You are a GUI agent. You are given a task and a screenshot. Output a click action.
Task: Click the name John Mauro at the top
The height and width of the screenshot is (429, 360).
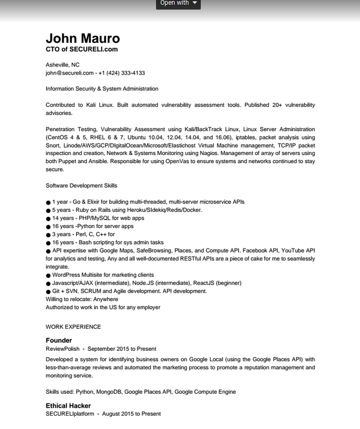pyautogui.click(x=83, y=38)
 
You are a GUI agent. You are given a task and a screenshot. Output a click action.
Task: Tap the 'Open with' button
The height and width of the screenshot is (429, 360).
pyautogui.click(x=178, y=3)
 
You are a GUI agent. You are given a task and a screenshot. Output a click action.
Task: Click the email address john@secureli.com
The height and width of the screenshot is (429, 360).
pyautogui.click(x=70, y=73)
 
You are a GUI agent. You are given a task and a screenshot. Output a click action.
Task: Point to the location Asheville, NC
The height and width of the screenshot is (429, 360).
pyautogui.click(x=62, y=65)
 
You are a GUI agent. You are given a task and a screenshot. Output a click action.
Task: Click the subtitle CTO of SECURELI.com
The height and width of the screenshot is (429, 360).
pyautogui.click(x=81, y=50)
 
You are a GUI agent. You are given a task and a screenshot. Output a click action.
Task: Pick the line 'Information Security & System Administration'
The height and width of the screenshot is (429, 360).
pyautogui.click(x=102, y=89)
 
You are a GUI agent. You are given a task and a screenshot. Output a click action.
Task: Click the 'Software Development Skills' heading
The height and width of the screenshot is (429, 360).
pyautogui.click(x=81, y=185)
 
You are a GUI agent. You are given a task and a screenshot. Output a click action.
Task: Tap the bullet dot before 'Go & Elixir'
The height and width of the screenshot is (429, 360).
pyautogui.click(x=48, y=203)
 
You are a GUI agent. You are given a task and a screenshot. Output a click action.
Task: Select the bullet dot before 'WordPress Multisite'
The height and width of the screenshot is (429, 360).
pyautogui.click(x=48, y=276)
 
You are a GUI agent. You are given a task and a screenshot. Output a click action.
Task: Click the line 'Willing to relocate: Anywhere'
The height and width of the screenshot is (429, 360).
pyautogui.click(x=82, y=300)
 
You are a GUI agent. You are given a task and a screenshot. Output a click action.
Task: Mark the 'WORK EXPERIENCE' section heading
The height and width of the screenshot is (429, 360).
pyautogui.click(x=73, y=327)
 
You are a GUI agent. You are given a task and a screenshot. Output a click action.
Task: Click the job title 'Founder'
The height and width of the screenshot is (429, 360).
pyautogui.click(x=59, y=341)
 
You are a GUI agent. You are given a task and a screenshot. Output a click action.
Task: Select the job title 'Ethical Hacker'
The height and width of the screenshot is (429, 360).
pyautogui.click(x=68, y=406)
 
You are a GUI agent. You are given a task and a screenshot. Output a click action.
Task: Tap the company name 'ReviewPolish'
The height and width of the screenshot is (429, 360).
pyautogui.click(x=63, y=349)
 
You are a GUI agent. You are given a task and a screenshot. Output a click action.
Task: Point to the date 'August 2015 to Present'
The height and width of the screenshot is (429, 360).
pyautogui.click(x=131, y=414)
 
